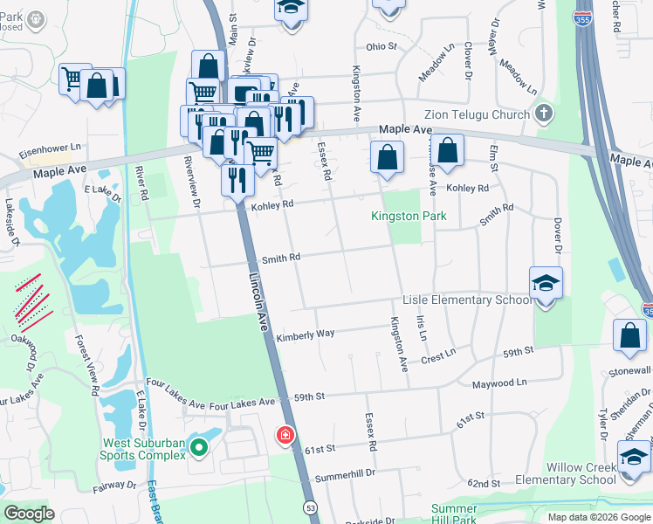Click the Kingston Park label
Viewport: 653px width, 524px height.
tap(409, 216)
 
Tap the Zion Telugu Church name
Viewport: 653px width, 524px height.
tap(477, 114)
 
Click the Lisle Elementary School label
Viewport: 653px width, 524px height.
tap(467, 300)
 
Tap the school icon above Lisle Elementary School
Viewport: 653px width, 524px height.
tap(546, 283)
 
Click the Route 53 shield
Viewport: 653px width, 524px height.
tap(310, 507)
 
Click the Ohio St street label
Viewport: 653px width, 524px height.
tap(381, 46)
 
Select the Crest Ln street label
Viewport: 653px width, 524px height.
tap(438, 354)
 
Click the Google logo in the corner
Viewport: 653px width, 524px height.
tap(29, 513)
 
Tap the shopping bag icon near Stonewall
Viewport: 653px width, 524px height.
tap(629, 336)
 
